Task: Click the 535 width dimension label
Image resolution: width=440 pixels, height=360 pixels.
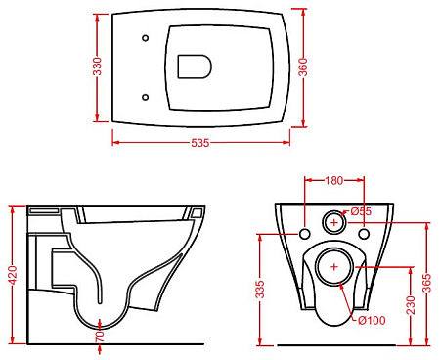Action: coord(199,143)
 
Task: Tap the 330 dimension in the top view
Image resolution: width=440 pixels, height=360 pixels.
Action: coord(98,67)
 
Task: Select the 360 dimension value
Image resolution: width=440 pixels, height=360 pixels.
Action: coord(303,67)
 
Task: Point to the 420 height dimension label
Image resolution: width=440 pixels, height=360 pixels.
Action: coord(14,276)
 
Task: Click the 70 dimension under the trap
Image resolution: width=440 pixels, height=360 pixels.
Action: coord(100,337)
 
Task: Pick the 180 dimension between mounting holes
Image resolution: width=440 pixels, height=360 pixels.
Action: coord(334,180)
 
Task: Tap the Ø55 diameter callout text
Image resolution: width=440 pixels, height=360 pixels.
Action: coord(361,211)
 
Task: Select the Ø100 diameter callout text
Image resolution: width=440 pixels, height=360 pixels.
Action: coord(372,320)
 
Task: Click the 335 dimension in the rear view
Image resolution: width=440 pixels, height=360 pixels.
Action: coord(260,290)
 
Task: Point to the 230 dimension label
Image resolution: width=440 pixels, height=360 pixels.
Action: coord(411,305)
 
